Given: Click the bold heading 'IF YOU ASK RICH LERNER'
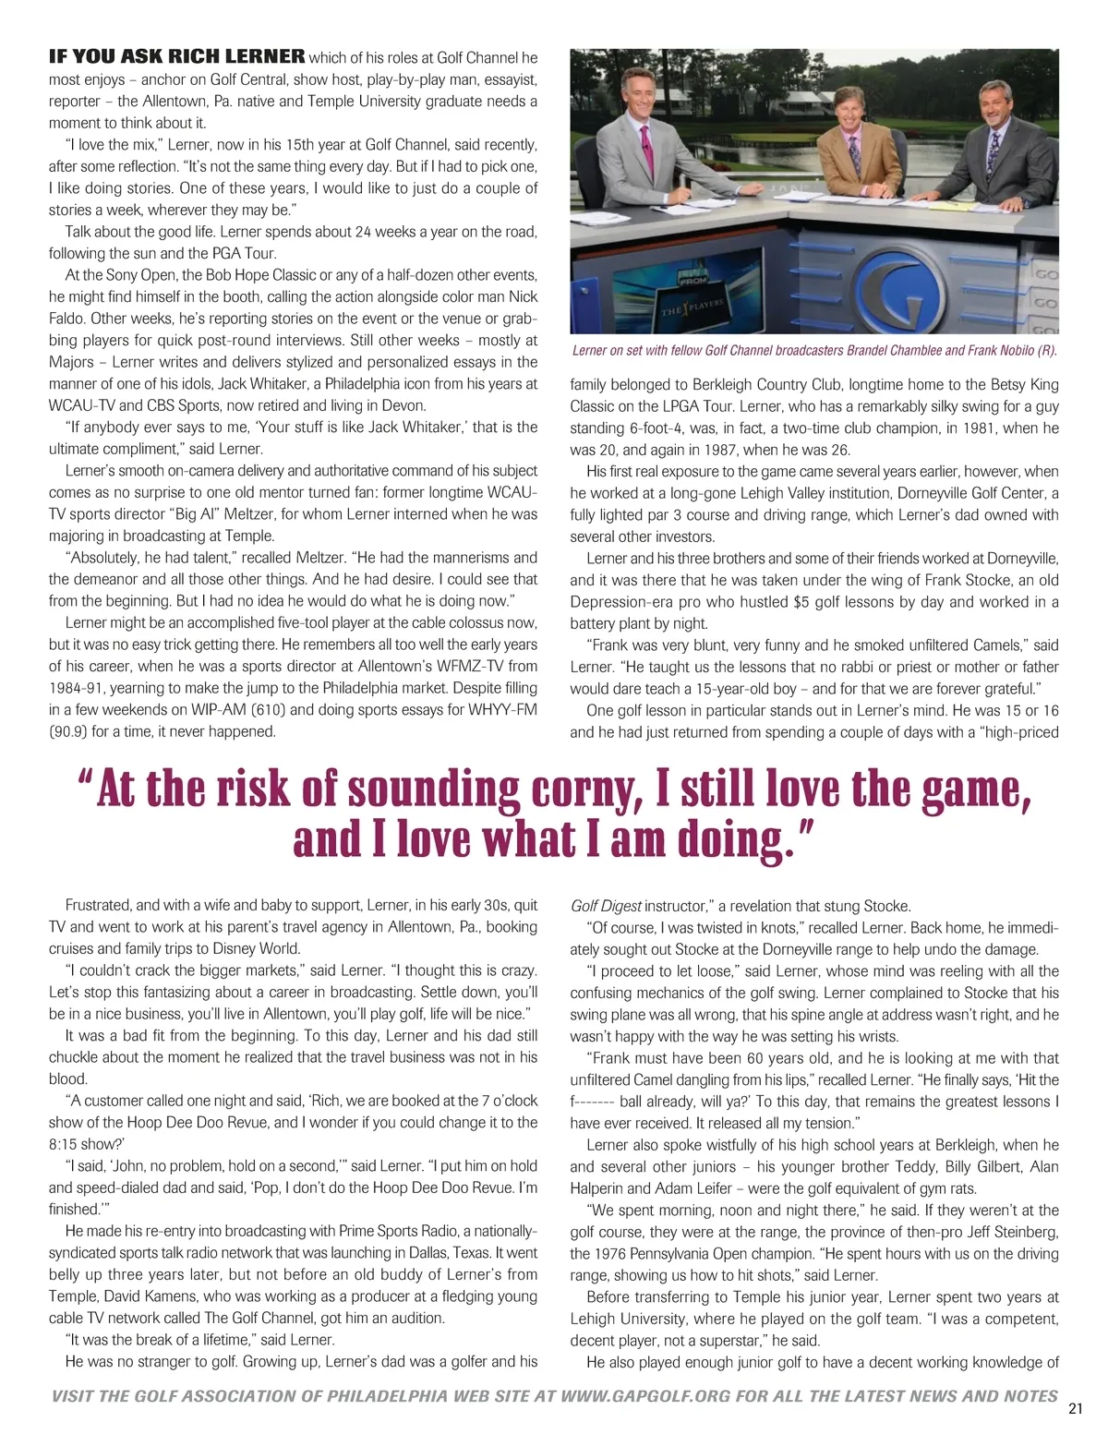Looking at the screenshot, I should click(176, 56).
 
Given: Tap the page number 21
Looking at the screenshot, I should click(1074, 1408).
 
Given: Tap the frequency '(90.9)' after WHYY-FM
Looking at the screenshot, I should click(69, 731).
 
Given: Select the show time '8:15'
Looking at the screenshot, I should click(64, 1144).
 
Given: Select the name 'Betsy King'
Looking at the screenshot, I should click(1026, 384).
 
